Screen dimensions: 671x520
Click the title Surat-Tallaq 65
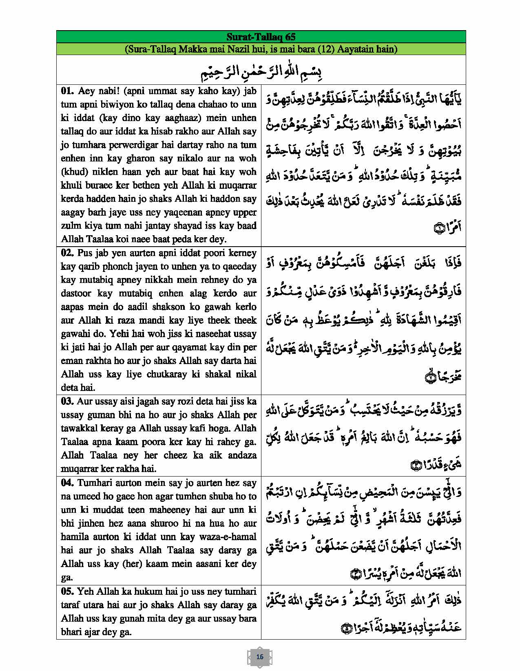(261, 36)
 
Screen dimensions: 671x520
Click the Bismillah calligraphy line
(261, 71)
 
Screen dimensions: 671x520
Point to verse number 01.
(67, 91)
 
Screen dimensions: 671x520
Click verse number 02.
(67, 253)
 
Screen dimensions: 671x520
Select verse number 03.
(67, 401)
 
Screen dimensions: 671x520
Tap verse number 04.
(67, 483)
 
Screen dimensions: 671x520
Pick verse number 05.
(67, 591)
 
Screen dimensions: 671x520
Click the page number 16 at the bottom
(260, 657)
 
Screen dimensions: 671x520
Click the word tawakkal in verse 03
(78, 428)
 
